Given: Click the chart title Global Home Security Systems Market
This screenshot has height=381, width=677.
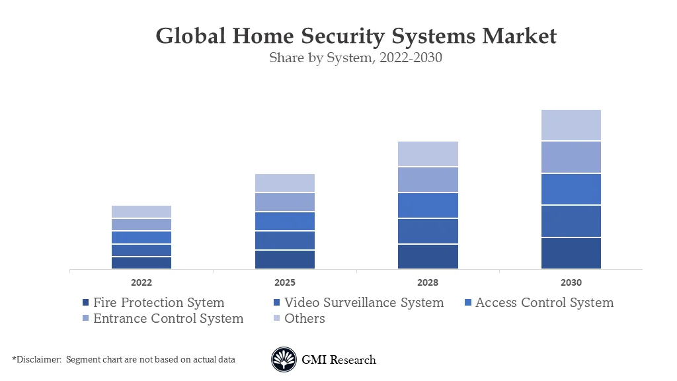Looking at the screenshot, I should [x=356, y=36].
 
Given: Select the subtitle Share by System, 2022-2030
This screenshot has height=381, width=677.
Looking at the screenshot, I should [x=355, y=58].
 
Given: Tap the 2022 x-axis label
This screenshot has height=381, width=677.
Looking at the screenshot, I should [x=141, y=282].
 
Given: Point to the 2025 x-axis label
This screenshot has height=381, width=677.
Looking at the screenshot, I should [x=284, y=282].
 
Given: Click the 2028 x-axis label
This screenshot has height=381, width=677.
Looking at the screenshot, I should [x=428, y=282].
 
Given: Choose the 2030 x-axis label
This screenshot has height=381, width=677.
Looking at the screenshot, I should [x=571, y=282].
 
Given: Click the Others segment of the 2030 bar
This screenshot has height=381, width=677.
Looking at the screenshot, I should [x=571, y=125].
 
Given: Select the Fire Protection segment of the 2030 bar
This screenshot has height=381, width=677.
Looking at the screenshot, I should [x=571, y=253].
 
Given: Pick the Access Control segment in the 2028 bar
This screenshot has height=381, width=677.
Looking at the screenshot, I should [x=428, y=205].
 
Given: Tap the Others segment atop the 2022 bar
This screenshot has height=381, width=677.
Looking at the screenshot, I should [x=141, y=212].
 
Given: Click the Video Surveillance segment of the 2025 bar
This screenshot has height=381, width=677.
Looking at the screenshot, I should [x=284, y=240].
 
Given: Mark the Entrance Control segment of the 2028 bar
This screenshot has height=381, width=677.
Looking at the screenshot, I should [x=428, y=179].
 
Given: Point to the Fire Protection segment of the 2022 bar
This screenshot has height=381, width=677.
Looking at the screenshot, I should [x=141, y=263].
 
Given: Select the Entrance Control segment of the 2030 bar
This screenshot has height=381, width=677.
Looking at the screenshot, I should [x=571, y=157].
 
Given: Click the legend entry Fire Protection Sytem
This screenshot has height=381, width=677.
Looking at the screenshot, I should [x=158, y=303].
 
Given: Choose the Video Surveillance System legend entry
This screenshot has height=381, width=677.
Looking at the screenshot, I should [x=364, y=303].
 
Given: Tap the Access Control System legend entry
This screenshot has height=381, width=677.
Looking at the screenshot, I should [x=544, y=303].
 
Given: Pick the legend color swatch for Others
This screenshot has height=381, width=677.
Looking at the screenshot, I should [x=277, y=319].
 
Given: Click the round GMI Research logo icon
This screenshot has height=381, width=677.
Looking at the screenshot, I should [x=284, y=360].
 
